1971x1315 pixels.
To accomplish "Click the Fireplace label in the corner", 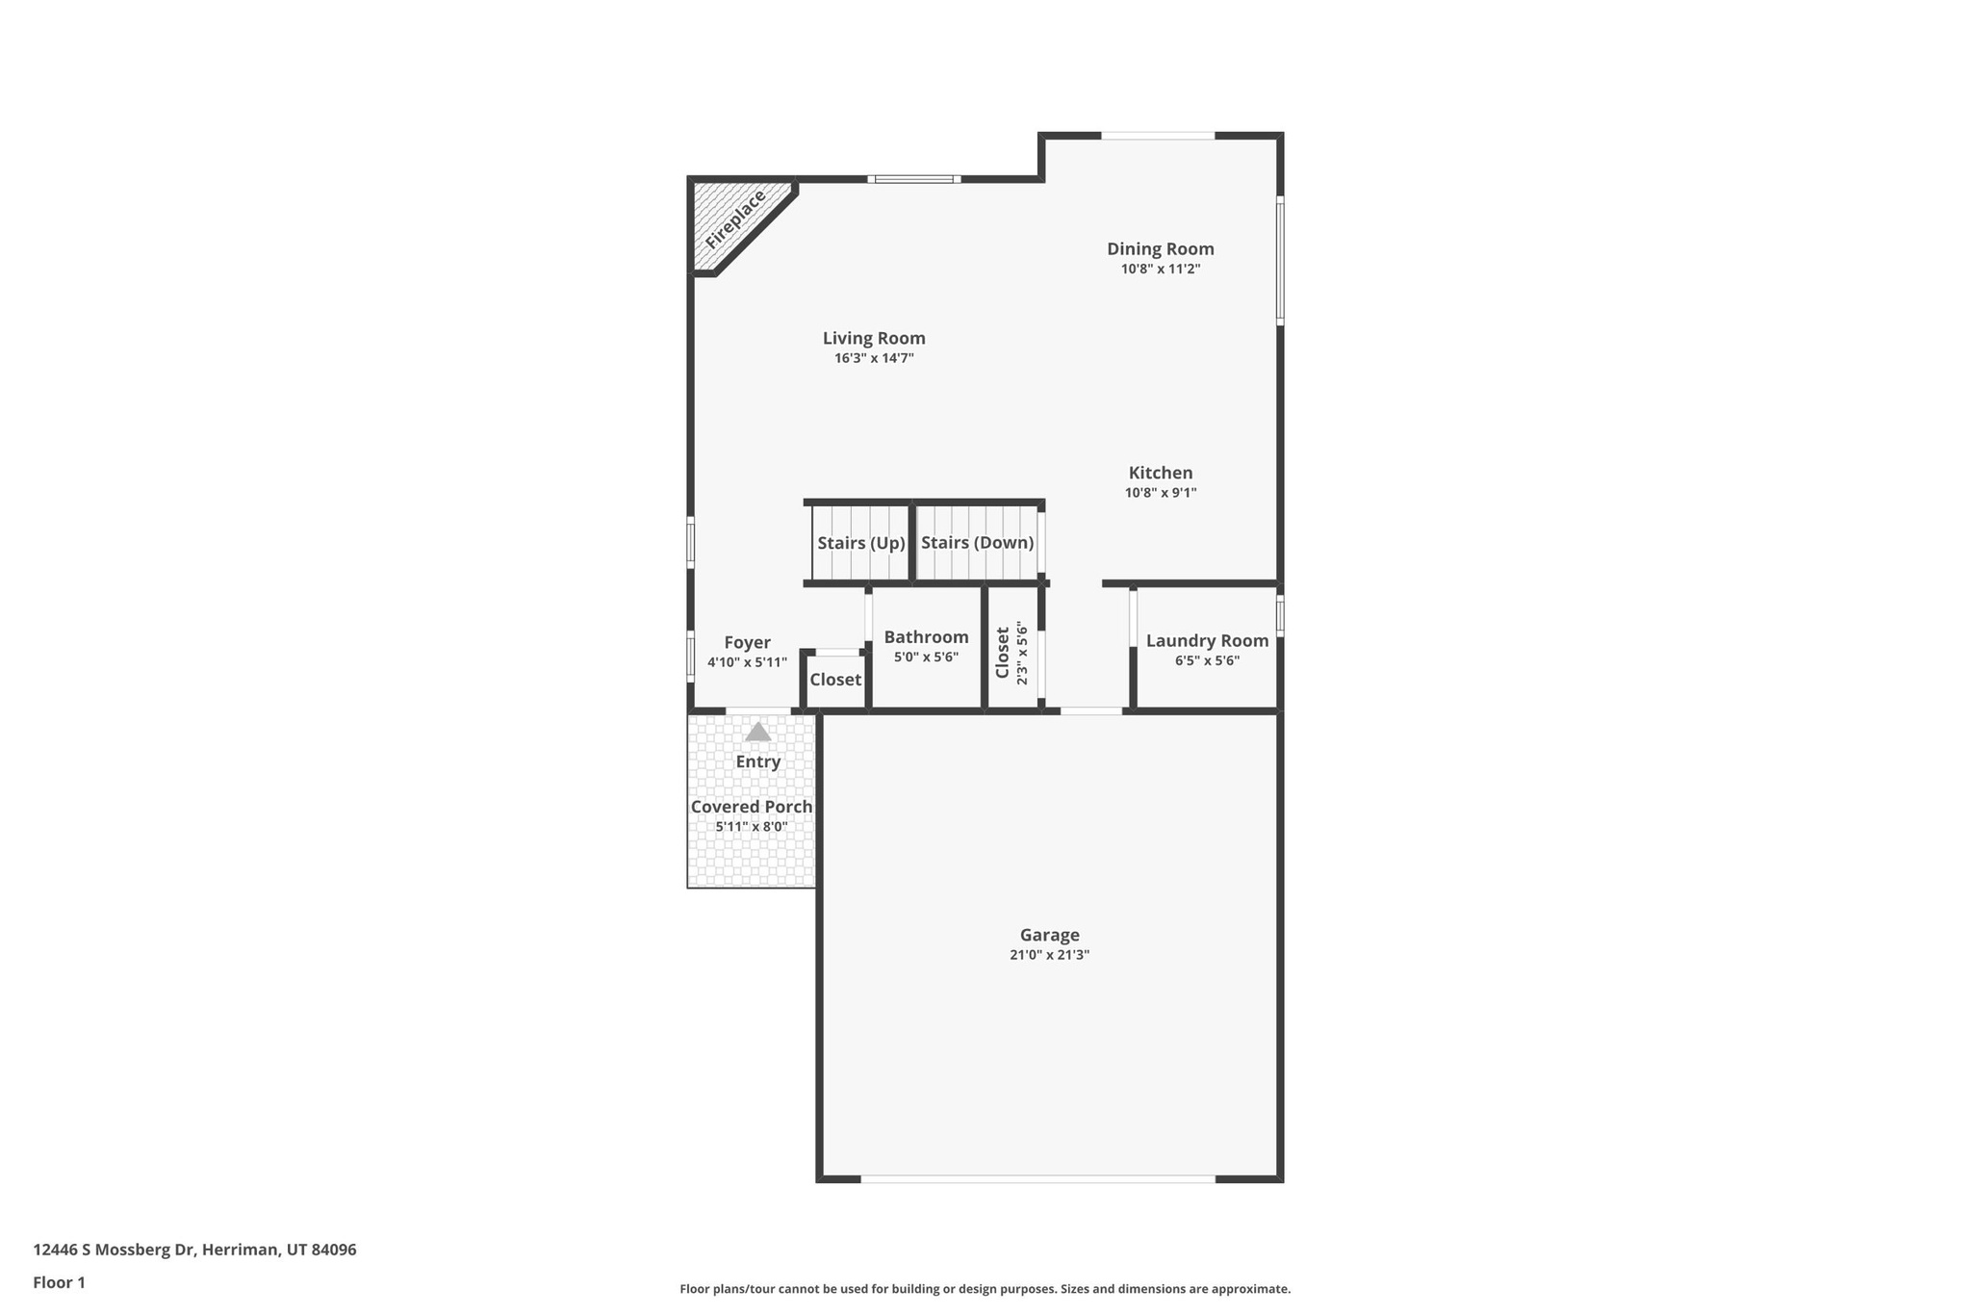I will coord(735,219).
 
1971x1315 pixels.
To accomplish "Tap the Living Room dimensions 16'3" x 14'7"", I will coord(873,358).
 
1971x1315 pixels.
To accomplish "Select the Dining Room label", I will coord(1160,249).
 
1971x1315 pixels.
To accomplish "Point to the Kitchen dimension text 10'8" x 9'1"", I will coord(1160,493).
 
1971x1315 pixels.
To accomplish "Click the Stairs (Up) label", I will coord(860,543).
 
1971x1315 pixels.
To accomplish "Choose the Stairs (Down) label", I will coord(977,543).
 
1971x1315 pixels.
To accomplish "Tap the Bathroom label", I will coord(926,637).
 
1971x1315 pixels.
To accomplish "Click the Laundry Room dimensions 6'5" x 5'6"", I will coord(1206,661).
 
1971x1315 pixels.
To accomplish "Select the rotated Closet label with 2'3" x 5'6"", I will coord(1011,653).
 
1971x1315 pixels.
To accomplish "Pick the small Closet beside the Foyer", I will coord(834,680).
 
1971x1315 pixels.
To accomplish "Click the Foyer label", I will coord(747,643).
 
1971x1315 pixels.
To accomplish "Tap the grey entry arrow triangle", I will coord(757,733).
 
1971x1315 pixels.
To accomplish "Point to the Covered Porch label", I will coord(751,807).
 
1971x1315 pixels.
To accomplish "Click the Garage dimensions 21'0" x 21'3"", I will coord(1049,955).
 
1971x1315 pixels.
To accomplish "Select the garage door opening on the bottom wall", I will coord(1037,1178).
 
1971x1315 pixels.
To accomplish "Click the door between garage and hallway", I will coord(1090,711).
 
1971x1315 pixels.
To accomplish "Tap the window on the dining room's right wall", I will coord(1280,260).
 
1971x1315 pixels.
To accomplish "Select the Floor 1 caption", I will coord(59,1282).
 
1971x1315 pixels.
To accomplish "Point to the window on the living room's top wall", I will coord(913,179).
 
